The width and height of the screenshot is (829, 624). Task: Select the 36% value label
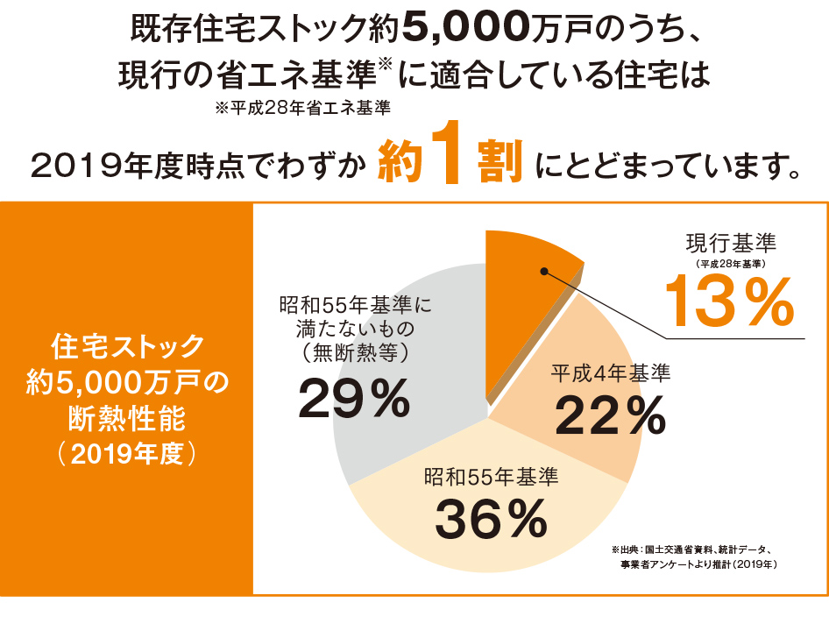point(491,518)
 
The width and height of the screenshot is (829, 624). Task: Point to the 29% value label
point(354,399)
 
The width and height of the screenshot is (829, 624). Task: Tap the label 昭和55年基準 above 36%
point(491,479)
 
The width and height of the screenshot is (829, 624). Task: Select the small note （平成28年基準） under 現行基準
point(731,263)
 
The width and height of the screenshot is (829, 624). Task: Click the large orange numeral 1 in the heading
point(446,159)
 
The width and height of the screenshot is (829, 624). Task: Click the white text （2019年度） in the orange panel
point(127,455)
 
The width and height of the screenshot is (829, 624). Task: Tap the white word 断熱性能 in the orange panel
point(127,419)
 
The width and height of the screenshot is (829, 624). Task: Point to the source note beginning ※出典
point(692,557)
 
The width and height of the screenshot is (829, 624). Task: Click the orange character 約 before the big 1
point(399,161)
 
